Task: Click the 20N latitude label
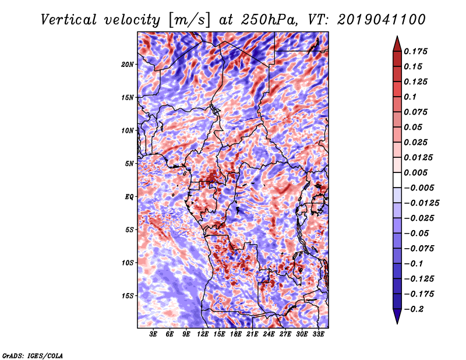128,65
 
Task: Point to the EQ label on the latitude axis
129,197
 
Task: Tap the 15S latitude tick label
128,296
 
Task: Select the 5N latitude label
129,164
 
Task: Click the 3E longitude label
153,334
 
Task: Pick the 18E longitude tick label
236,334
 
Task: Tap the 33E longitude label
318,334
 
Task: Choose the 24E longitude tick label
269,334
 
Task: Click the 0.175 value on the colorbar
415,51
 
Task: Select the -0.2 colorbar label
414,309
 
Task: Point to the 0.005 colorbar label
415,172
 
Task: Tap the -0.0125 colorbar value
421,203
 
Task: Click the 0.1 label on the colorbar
410,97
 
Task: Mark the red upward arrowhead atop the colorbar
397,44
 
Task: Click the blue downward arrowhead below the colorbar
397,316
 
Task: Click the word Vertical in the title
69,20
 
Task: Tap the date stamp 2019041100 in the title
382,20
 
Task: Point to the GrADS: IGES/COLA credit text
33,355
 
